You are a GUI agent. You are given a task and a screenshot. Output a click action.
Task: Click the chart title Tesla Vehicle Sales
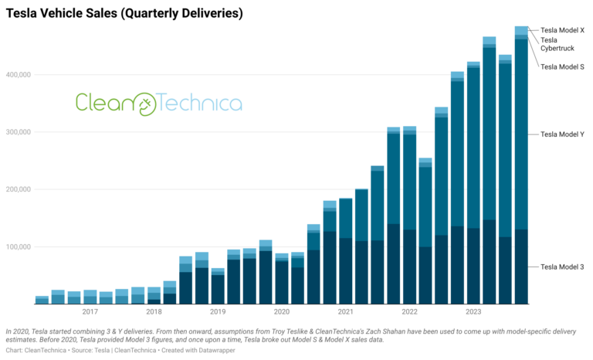(x=124, y=13)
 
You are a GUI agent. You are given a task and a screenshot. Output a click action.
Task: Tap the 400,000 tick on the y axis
(x=15, y=75)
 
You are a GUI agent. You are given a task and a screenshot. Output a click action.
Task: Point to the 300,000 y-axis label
(x=15, y=132)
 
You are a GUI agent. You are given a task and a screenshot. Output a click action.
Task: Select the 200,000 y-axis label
(x=15, y=189)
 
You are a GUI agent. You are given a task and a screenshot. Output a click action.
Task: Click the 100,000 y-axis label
(x=15, y=246)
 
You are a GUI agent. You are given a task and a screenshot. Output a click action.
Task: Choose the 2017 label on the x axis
(x=90, y=312)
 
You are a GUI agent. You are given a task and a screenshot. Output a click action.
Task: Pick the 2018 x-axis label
(x=154, y=312)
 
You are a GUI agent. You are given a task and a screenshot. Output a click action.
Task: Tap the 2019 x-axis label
(x=218, y=312)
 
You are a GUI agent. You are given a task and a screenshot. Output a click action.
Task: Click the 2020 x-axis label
(x=281, y=312)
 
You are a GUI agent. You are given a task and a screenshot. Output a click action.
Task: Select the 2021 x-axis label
(x=345, y=312)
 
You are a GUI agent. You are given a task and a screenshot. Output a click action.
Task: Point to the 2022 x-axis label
(x=409, y=312)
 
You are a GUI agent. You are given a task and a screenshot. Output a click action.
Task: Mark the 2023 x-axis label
(x=473, y=312)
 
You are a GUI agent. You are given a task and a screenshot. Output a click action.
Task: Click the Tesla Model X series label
(x=562, y=30)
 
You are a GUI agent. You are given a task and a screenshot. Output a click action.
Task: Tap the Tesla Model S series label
(x=562, y=67)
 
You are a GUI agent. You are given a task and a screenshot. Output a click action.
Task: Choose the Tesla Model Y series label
(x=562, y=134)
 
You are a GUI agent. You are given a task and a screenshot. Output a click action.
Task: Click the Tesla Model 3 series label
(x=562, y=267)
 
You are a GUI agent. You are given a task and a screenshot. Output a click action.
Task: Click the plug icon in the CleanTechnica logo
(x=144, y=103)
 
